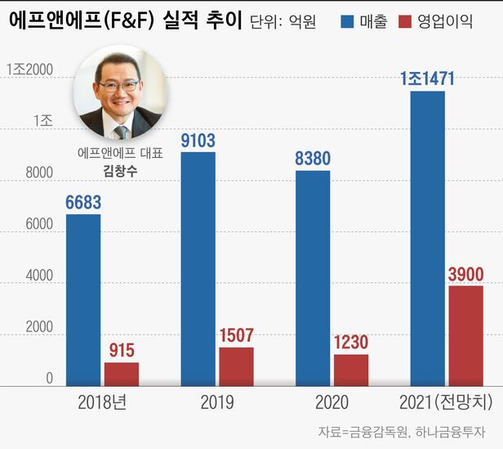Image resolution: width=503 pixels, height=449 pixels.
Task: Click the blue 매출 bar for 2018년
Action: coord(83,299)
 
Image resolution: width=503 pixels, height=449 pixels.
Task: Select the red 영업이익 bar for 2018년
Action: coord(122,374)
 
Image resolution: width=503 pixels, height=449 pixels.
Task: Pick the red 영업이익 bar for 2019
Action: coord(236,366)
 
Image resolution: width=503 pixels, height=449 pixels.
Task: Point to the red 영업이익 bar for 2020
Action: coord(351,370)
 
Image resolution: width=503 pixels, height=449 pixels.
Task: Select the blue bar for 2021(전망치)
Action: coord(427,238)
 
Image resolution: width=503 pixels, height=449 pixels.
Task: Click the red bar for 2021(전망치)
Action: coord(465,335)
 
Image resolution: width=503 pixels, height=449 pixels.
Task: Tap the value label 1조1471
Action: coord(427,79)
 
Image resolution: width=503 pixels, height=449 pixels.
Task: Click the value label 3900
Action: coord(465,273)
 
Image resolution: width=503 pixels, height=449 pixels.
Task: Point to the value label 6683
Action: coord(83,201)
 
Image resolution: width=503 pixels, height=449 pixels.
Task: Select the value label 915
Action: coord(122,350)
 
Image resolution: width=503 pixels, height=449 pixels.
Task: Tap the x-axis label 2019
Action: coord(216,402)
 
